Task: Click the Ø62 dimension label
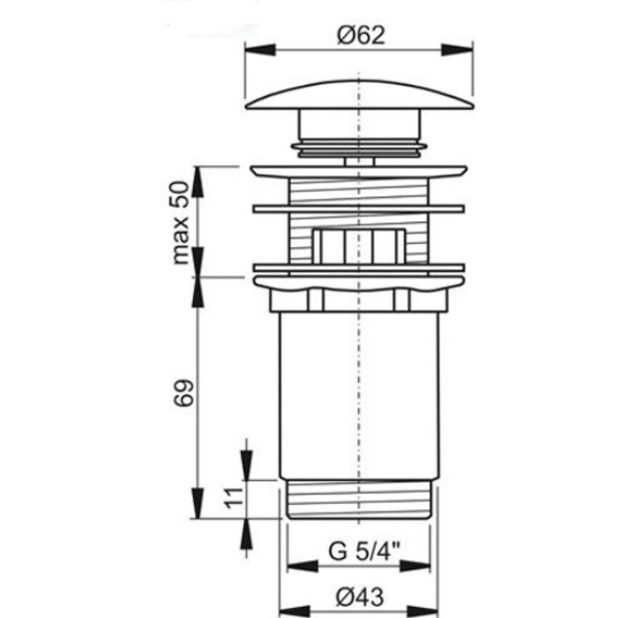[360, 36]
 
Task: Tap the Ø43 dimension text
[360, 597]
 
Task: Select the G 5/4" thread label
[364, 551]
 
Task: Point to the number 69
[184, 392]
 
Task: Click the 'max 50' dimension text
[181, 223]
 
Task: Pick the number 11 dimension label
[233, 498]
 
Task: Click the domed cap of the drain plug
[359, 95]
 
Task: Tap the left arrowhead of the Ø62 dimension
[260, 50]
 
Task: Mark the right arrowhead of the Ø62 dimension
[457, 50]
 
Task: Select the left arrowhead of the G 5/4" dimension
[303, 567]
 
